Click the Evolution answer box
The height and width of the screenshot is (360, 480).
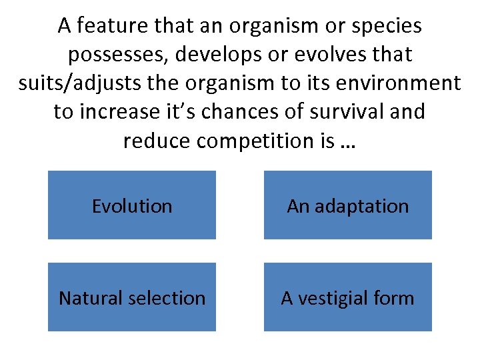[132, 205]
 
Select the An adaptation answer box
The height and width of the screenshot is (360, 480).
[347, 205]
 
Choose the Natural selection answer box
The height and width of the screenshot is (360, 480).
[132, 297]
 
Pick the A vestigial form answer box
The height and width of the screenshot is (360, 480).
[347, 297]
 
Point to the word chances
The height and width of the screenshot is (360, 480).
[242, 111]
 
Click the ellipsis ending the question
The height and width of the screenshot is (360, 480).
[347, 141]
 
